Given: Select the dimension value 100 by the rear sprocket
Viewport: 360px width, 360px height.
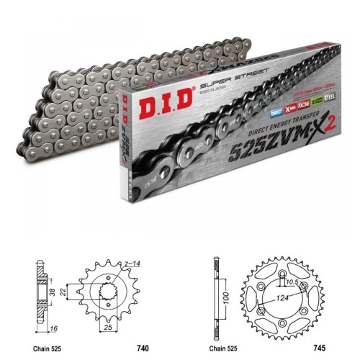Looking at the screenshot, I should (227, 296).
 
